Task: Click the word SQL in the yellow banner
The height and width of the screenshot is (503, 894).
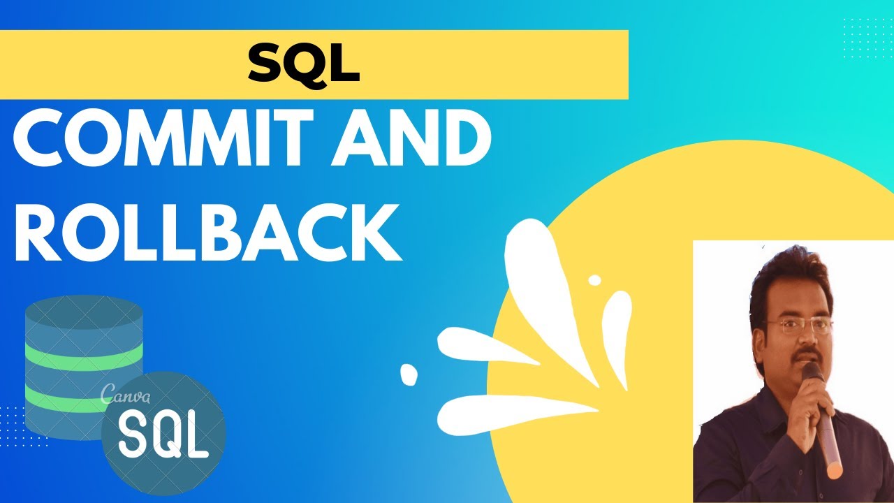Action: point(304,64)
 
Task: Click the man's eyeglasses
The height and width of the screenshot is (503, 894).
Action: point(799,326)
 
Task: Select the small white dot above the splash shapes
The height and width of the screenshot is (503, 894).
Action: point(594,280)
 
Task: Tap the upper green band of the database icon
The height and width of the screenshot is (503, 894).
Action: point(83,353)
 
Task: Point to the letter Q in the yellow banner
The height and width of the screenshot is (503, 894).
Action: point(303,64)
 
